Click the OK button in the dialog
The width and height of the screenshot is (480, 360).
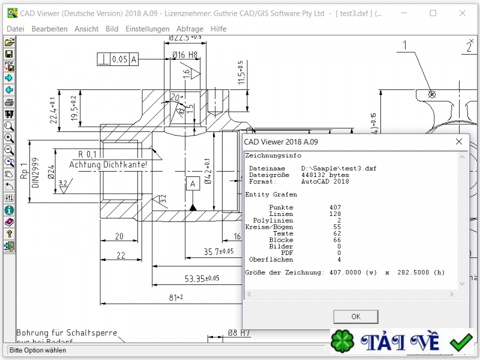tap(356, 316)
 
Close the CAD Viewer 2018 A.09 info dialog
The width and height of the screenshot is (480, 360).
tap(459, 142)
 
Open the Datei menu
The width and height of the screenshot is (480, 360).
tap(15, 28)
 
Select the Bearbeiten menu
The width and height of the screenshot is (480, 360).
tap(49, 28)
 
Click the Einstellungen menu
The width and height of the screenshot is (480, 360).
tap(148, 28)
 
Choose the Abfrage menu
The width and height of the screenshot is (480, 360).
tap(190, 28)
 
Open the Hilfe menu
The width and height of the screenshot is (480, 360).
tap(219, 28)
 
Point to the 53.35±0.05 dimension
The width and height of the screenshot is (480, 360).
tap(202, 278)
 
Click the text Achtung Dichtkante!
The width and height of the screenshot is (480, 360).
tap(108, 164)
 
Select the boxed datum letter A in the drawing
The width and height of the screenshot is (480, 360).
tap(193, 183)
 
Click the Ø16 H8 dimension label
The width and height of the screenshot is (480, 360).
tap(185, 55)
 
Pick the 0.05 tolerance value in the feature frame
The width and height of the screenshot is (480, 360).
tap(119, 59)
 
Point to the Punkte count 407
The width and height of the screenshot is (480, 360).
tap(335, 207)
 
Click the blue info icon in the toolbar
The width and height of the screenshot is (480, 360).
tap(9, 210)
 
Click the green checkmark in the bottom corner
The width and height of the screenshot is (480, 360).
tap(461, 343)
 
